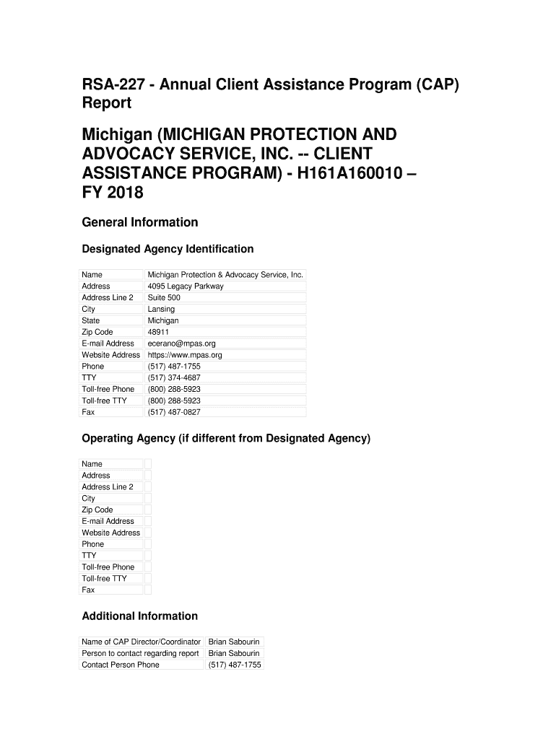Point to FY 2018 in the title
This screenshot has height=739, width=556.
coord(113,193)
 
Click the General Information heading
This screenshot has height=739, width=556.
coord(139,222)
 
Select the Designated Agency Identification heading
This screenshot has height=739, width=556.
coord(168,249)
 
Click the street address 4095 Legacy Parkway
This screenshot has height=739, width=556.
coord(186,287)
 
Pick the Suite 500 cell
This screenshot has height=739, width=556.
coord(164,297)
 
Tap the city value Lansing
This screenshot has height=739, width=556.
coord(161,309)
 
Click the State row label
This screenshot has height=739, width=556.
coord(91,320)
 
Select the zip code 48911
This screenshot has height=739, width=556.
coord(158,332)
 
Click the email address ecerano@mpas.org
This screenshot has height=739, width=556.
coord(181,344)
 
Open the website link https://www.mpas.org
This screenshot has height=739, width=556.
coord(185,355)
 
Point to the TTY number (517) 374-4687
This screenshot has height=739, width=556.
coord(174,377)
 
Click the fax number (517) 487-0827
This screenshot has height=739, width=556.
coord(174,412)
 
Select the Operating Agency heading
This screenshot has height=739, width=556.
coord(225,439)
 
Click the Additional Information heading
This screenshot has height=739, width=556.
coord(139,616)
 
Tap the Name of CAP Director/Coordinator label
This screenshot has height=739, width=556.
coord(142,642)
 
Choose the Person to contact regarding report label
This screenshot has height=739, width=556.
coord(140,653)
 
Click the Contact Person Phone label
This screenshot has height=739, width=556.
coord(121,665)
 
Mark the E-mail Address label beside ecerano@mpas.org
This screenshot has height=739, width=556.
coord(108,344)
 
